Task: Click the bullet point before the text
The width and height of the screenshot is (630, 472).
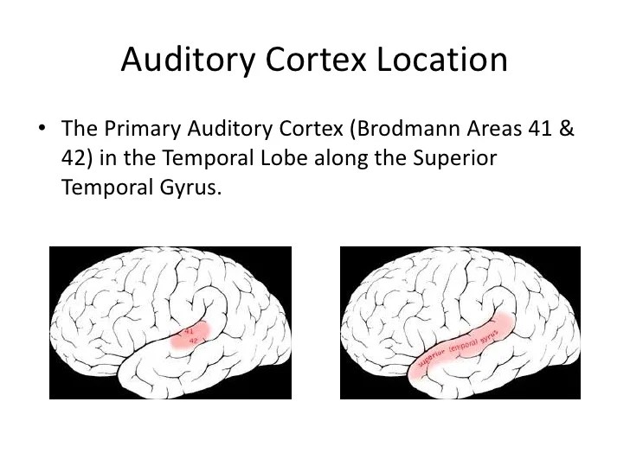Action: [42, 129]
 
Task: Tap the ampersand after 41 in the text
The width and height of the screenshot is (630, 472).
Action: [567, 130]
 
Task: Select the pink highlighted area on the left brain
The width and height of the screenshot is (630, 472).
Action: [190, 335]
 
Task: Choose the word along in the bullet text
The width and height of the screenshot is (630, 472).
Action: [330, 159]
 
